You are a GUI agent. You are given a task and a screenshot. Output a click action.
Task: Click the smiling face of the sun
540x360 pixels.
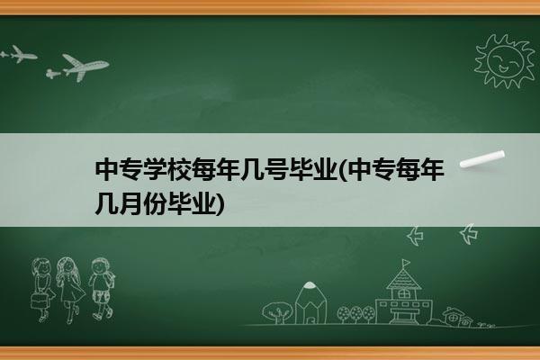[x=505, y=60]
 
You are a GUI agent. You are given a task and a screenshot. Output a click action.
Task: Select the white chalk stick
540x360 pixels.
[x=482, y=158]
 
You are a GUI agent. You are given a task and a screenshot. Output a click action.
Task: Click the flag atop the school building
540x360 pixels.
[x=407, y=263]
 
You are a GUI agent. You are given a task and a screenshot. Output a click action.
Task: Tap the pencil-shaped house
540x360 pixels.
[x=310, y=303]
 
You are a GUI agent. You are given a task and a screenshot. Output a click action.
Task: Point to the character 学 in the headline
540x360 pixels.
[x=155, y=169]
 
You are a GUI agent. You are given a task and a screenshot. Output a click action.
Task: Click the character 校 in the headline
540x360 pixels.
[x=179, y=169]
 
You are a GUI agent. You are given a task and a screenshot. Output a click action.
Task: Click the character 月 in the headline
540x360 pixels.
[x=130, y=203]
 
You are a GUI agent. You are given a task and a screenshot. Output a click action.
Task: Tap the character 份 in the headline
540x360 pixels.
[x=155, y=203]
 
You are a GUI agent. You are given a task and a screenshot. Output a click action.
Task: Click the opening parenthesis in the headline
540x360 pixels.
[x=343, y=170]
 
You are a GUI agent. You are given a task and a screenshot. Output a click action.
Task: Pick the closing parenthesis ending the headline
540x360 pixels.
[x=220, y=204]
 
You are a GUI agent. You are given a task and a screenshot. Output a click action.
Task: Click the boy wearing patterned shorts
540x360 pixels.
[x=101, y=288]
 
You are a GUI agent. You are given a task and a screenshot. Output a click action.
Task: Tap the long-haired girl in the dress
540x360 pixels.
[x=70, y=289]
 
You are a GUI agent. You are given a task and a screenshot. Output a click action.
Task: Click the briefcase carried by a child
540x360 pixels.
[x=39, y=301]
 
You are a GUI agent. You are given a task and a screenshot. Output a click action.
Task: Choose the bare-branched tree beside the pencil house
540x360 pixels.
[x=277, y=312]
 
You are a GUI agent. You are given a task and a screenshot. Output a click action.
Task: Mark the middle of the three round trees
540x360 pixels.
[x=356, y=314]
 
